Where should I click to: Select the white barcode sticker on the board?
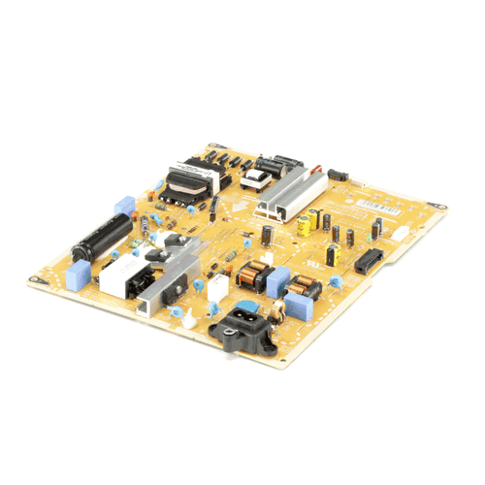[x=372, y=205]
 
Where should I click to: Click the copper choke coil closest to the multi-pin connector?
[x=304, y=287]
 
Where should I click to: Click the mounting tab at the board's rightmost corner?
[x=442, y=207]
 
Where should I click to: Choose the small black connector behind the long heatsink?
[x=337, y=175]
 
